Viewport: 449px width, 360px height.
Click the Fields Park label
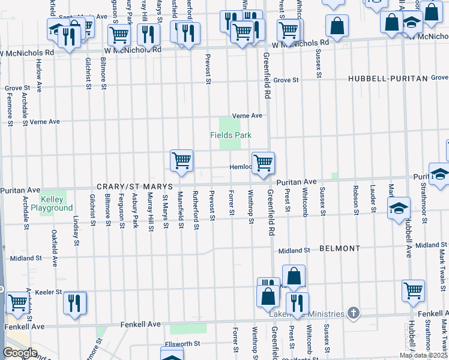pyautogui.click(x=231, y=135)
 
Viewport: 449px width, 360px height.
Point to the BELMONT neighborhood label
pyautogui.click(x=340, y=248)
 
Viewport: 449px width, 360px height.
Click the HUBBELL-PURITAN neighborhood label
pyautogui.click(x=382, y=79)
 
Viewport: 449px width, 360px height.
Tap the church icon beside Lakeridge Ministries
pyautogui.click(x=354, y=313)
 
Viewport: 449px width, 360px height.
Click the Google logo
pyautogui.click(x=20, y=352)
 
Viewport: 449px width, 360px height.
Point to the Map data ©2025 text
pyautogui.click(x=423, y=355)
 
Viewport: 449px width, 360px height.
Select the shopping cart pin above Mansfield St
pyautogui.click(x=181, y=161)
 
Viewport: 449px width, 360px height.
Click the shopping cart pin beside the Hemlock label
pyautogui.click(x=263, y=163)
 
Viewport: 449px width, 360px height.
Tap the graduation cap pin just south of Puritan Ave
pyautogui.click(x=399, y=209)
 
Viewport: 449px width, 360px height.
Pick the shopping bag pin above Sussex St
pyautogui.click(x=337, y=26)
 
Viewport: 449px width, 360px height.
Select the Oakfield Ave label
pyautogui.click(x=54, y=249)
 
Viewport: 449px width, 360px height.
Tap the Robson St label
pyautogui.click(x=356, y=204)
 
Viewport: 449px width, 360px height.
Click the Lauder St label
pyautogui.click(x=373, y=203)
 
